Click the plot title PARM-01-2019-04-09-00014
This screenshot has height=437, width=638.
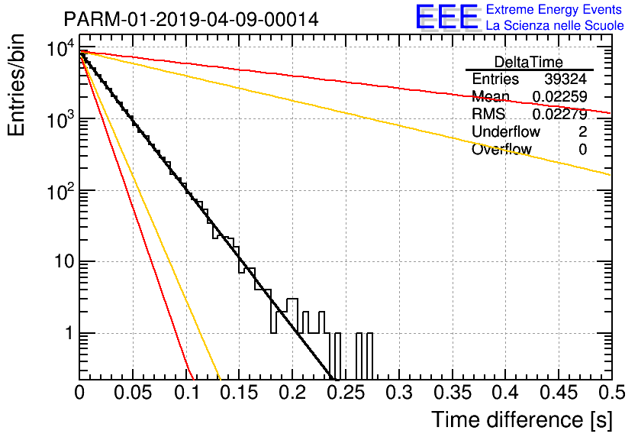click(x=192, y=19)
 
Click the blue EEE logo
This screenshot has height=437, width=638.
click(x=447, y=18)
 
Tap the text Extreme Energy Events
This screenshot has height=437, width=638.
click(x=554, y=9)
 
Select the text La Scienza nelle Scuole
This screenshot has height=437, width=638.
click(x=555, y=25)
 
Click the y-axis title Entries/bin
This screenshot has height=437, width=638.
click(x=16, y=86)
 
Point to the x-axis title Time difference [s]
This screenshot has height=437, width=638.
click(x=522, y=420)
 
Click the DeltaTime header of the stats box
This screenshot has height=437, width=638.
click(x=529, y=62)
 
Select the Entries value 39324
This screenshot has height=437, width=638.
click(x=565, y=79)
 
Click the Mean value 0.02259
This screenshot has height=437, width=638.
click(x=560, y=96)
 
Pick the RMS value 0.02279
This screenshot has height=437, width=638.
click(x=560, y=114)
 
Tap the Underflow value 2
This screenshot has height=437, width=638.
click(x=582, y=131)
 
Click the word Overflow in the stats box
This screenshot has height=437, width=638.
click(x=501, y=149)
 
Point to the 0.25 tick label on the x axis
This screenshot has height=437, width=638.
click(x=346, y=393)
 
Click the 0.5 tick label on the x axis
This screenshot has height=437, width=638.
click(x=612, y=393)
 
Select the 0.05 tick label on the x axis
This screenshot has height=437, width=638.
click(x=133, y=393)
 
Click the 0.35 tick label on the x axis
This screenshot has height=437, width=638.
click(x=453, y=393)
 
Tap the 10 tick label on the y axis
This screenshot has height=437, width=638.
click(x=64, y=261)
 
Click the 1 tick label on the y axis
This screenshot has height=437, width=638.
click(x=69, y=333)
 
